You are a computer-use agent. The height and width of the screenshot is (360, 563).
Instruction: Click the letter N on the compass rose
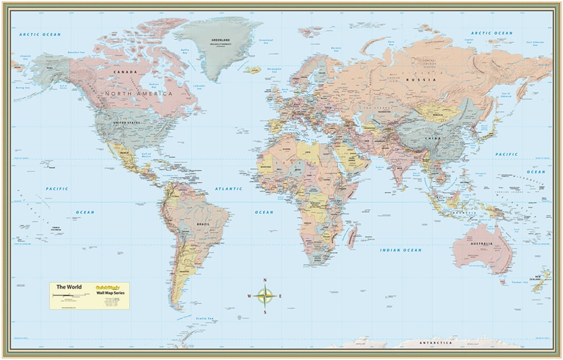coord(265,280)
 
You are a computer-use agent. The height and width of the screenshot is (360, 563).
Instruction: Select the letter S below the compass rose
coord(265,312)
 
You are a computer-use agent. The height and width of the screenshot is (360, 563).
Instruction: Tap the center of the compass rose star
coord(265,296)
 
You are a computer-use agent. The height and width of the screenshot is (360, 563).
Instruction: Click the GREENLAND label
coord(221,41)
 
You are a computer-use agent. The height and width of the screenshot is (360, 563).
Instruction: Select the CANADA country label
coord(125,72)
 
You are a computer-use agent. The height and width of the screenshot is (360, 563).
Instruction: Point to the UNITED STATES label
coord(127,122)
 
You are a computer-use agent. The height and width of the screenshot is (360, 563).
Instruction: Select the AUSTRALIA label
coord(481,244)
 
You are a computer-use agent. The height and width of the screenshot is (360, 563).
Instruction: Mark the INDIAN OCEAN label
coord(401,251)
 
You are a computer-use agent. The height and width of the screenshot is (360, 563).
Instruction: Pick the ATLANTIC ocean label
coord(228,189)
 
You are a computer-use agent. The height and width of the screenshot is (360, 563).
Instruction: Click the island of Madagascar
coord(352,237)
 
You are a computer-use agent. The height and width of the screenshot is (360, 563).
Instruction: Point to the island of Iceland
coord(252,70)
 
